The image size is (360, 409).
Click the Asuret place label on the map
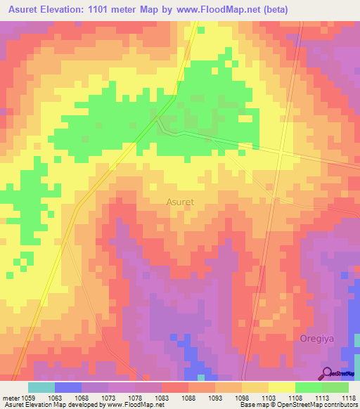point(180,202)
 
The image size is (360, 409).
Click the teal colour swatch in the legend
point(41,387)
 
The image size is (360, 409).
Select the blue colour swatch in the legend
point(67,387)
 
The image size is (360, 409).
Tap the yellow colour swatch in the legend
point(281,387)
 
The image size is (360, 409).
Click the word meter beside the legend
point(11,398)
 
